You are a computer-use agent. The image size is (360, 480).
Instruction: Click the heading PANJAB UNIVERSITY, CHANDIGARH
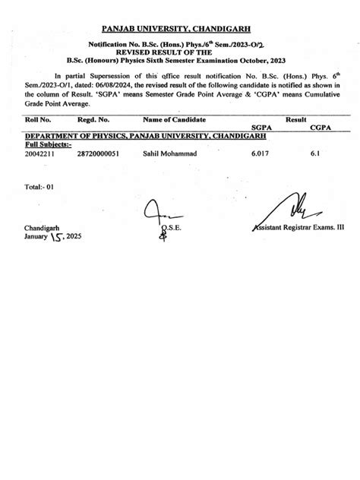point(179,30)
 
